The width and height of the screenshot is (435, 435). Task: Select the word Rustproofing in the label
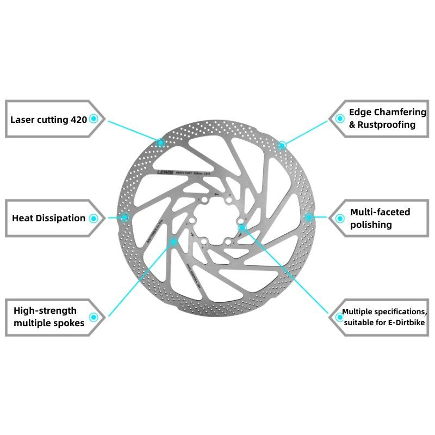[x=382, y=125]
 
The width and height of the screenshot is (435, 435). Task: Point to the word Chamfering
[x=400, y=112]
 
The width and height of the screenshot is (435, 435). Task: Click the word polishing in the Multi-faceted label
[x=371, y=224]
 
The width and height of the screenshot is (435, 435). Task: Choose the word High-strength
[x=45, y=310]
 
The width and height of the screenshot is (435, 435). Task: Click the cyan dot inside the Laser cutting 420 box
[x=94, y=118]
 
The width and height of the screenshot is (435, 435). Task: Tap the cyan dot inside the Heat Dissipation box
[x=94, y=218]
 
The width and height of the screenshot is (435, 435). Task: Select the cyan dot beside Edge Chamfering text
[x=339, y=118]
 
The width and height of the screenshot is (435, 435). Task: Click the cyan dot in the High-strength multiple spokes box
[x=94, y=316]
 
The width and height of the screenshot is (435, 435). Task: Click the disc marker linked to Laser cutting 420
[x=160, y=142]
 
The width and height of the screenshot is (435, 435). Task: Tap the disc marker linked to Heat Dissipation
[x=125, y=217]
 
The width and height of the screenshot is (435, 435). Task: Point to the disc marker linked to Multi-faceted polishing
[x=309, y=217]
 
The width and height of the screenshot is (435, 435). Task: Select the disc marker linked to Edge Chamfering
[x=282, y=145]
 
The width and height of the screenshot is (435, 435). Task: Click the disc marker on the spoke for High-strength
[x=173, y=241]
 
